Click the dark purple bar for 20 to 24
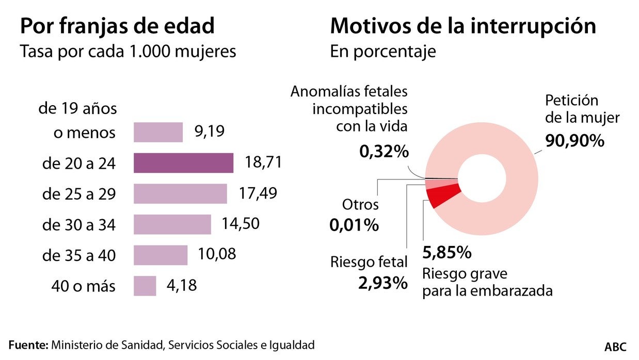coord(183,163)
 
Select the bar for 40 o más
coord(145,286)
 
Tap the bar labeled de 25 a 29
coord(180,194)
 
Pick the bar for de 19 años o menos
coord(158,132)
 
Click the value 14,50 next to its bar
coord(240,224)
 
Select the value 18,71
coord(263,163)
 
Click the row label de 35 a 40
coord(79,255)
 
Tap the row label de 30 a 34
coord(79,225)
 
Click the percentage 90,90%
coord(574,141)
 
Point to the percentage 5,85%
coord(446,253)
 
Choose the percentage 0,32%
coord(384,152)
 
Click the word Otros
coord(360,205)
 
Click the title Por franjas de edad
coord(117,26)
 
